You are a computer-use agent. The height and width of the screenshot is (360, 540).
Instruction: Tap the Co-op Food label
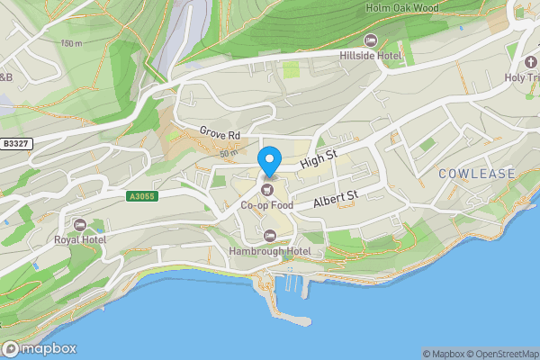point(266,205)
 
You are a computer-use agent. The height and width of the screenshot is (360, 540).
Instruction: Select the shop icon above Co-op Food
point(267,190)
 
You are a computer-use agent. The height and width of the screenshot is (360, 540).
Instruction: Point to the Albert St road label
point(336,200)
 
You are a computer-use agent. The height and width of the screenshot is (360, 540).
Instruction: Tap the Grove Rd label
point(220,135)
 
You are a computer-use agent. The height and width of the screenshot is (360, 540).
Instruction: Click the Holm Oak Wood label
point(401,8)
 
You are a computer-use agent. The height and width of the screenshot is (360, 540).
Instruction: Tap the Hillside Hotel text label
point(370,57)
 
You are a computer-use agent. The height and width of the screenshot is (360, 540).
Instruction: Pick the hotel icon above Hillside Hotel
point(370,40)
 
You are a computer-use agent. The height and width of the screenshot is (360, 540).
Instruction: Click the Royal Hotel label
point(80,240)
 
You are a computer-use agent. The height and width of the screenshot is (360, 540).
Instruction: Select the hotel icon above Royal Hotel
point(80,224)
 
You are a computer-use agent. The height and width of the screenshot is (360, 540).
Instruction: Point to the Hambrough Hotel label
point(270,251)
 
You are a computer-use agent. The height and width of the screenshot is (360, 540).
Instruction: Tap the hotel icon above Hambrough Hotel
point(270,235)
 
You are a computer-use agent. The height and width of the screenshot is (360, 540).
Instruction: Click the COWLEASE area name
point(477,173)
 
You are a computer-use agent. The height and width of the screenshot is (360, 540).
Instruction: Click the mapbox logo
point(40,348)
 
